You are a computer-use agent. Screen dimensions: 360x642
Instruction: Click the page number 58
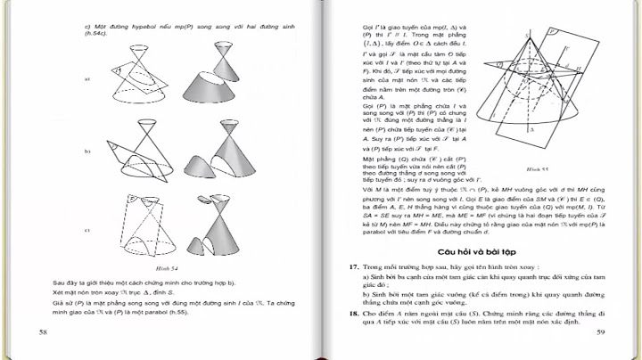[x=43, y=332]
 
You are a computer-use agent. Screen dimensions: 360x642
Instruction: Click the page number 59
[x=600, y=332]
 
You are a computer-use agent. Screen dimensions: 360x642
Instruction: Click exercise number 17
[x=353, y=266]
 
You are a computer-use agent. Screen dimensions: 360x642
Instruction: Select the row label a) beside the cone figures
[x=87, y=79]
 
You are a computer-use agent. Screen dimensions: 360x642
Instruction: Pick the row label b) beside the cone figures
[x=87, y=151]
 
